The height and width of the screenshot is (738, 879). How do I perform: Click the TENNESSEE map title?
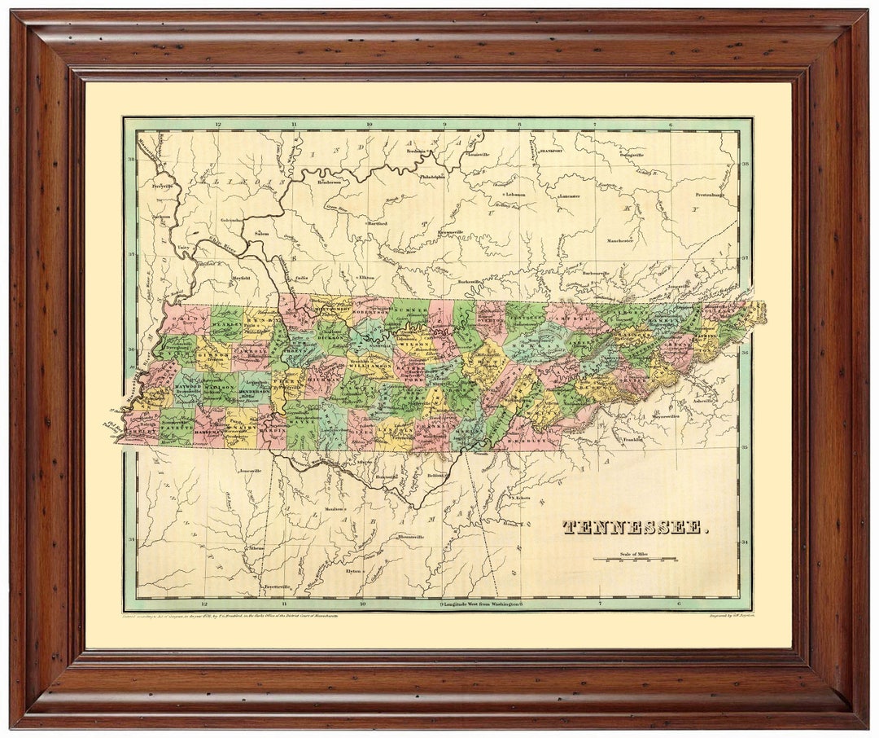click(635, 527)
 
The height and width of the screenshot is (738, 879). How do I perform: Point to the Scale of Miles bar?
click(635, 559)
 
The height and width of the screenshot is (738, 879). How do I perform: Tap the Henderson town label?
click(328, 182)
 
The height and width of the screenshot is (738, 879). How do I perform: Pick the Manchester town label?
click(619, 240)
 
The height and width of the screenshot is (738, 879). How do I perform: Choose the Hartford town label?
click(377, 222)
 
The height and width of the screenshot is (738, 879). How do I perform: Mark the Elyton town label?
click(354, 571)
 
